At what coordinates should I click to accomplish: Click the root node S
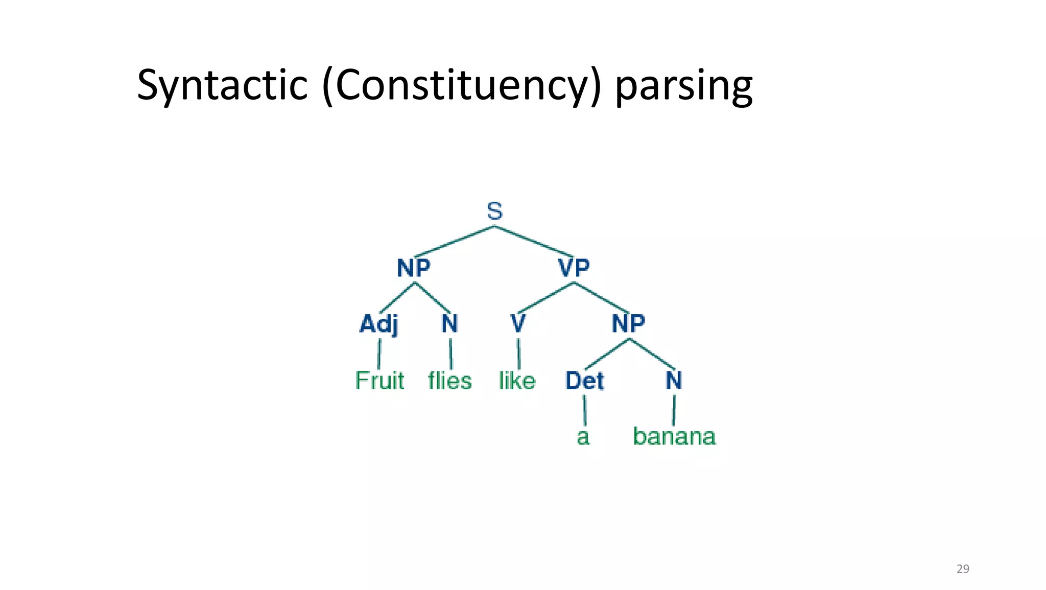pyautogui.click(x=494, y=211)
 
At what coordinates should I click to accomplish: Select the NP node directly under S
pyautogui.click(x=414, y=268)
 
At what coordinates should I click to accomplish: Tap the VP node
pyautogui.click(x=574, y=268)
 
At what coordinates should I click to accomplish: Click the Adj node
pyautogui.click(x=378, y=324)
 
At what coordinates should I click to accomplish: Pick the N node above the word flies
pyautogui.click(x=449, y=324)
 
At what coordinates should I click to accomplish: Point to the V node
pyautogui.click(x=518, y=324)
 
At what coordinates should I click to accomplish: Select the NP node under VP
pyautogui.click(x=628, y=324)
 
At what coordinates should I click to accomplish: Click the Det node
pyautogui.click(x=584, y=381)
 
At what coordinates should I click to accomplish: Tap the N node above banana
pyautogui.click(x=674, y=381)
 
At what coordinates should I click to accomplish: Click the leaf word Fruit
pyautogui.click(x=379, y=381)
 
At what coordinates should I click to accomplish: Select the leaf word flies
pyautogui.click(x=449, y=381)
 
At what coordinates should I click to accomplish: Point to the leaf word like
pyautogui.click(x=517, y=381)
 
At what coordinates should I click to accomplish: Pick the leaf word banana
pyautogui.click(x=674, y=437)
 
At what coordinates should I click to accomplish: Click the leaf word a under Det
pyautogui.click(x=583, y=438)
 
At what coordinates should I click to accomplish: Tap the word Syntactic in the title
pyautogui.click(x=222, y=85)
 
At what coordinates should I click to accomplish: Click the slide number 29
pyautogui.click(x=963, y=569)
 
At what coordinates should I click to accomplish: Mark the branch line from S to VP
pyautogui.click(x=534, y=242)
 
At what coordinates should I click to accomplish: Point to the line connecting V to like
pyautogui.click(x=519, y=353)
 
